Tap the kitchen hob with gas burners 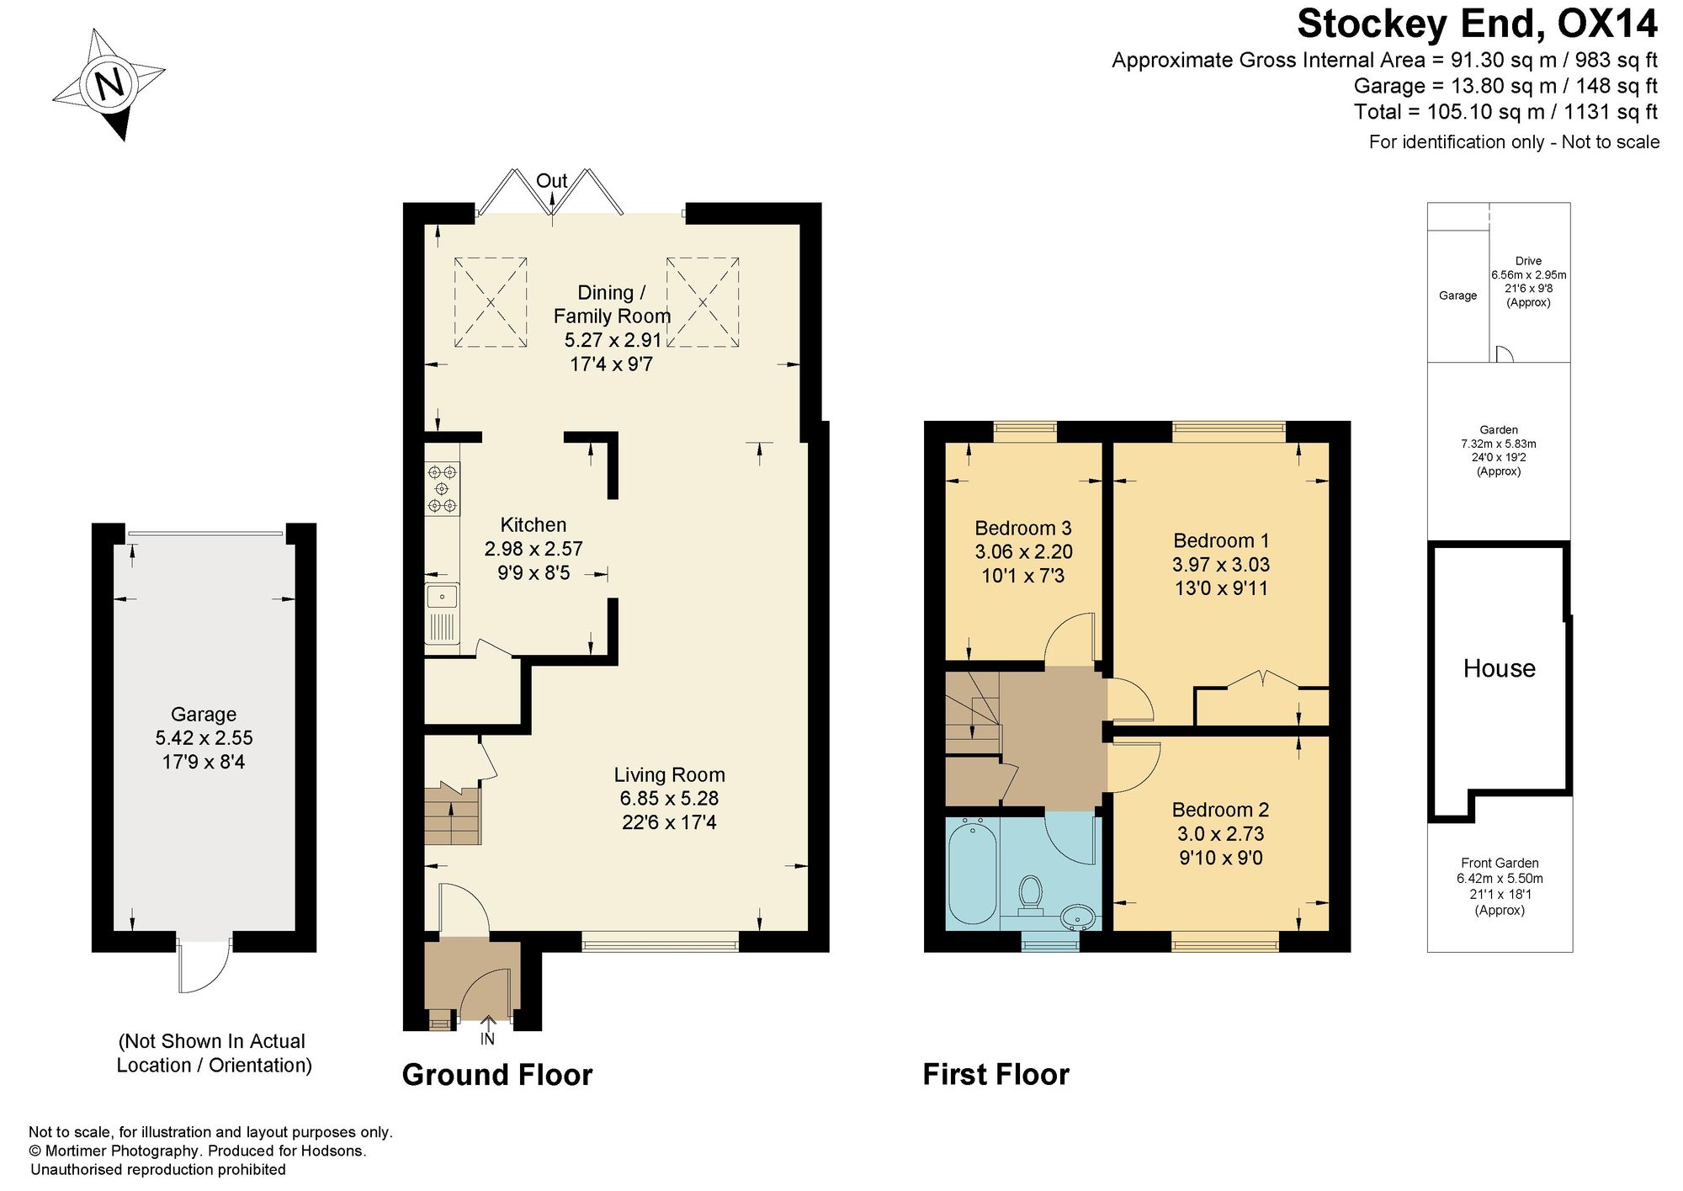pyautogui.click(x=443, y=489)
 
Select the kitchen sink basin pyautogui.click(x=442, y=596)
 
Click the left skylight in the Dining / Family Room pyautogui.click(x=491, y=301)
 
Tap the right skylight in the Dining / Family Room pyautogui.click(x=703, y=301)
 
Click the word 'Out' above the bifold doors pyautogui.click(x=552, y=181)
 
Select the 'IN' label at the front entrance pyautogui.click(x=487, y=1039)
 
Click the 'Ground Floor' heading pyautogui.click(x=497, y=1075)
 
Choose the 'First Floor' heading pyautogui.click(x=996, y=1075)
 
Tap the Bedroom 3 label pyautogui.click(x=1023, y=528)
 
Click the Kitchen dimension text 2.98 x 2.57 pyautogui.click(x=534, y=549)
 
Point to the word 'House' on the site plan pyautogui.click(x=1500, y=668)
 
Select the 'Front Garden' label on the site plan pyautogui.click(x=1500, y=863)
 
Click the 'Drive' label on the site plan pyautogui.click(x=1529, y=261)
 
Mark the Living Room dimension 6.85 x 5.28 pyautogui.click(x=669, y=799)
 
